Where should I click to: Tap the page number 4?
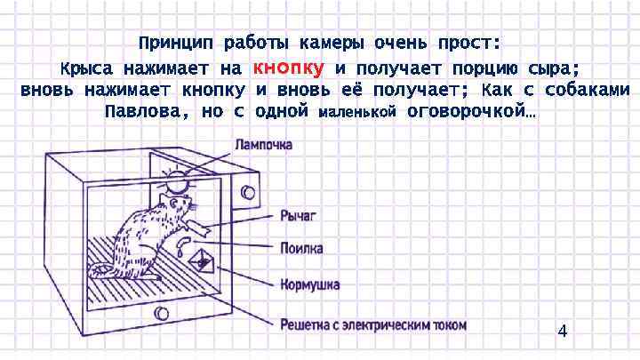point(561,332)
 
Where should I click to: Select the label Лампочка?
point(262,143)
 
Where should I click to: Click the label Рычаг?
point(298,215)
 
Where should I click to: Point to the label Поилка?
point(301,249)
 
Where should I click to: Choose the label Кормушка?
point(309,284)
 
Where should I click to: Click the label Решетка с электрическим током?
point(372,324)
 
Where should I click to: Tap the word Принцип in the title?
point(175,43)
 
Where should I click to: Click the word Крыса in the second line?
point(87,68)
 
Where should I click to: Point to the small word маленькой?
point(356,114)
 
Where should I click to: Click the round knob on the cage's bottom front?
point(161,313)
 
